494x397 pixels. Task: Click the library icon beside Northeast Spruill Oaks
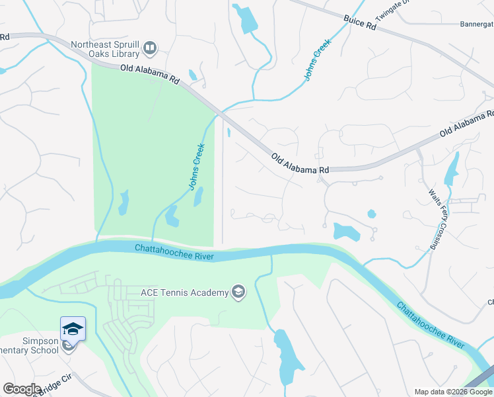click(151, 48)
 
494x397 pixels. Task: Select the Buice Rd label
click(359, 23)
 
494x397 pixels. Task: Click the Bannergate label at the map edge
click(476, 24)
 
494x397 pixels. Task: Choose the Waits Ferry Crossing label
click(435, 219)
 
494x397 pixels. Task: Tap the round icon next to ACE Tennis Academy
click(238, 292)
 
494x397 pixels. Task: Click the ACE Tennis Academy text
click(184, 292)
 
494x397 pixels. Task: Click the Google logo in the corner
click(22, 389)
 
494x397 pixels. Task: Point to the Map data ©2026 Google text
click(453, 392)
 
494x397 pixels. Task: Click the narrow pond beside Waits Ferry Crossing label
click(452, 169)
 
